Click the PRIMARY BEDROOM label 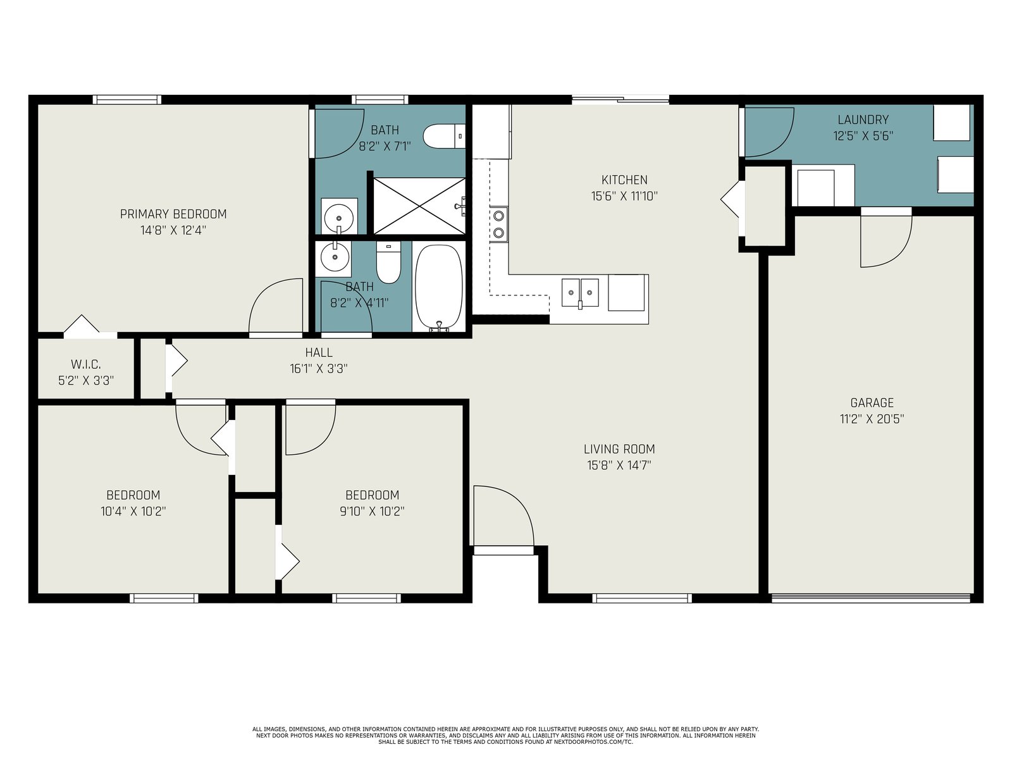173,214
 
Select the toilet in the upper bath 444,137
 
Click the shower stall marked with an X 419,206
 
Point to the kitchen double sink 580,293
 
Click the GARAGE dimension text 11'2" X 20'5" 872,419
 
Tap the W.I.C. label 86,364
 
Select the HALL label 319,352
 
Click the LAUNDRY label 863,120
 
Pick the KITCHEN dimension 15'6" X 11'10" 624,196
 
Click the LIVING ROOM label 619,449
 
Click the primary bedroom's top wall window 126,99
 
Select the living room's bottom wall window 642,598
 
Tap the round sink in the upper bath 339,218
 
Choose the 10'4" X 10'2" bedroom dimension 133,511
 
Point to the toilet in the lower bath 388,262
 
